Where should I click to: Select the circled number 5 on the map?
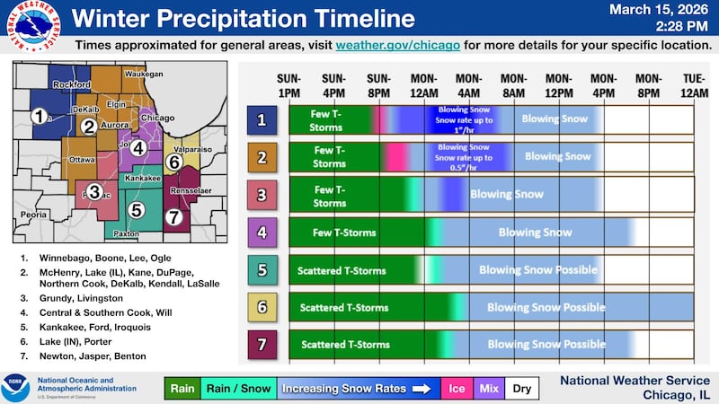(x=136, y=209)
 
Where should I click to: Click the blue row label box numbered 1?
(x=261, y=119)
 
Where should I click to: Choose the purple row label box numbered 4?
(x=261, y=232)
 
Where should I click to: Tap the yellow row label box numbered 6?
(x=261, y=307)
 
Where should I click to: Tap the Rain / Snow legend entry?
(x=238, y=389)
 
